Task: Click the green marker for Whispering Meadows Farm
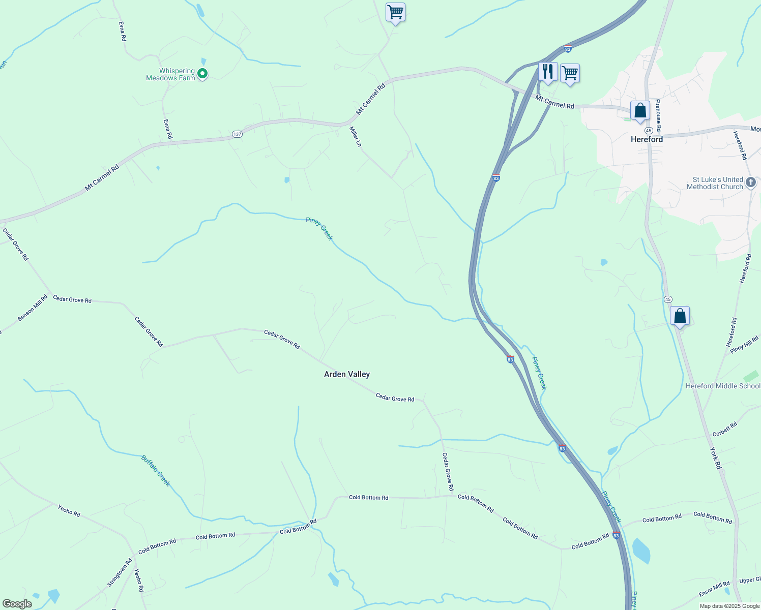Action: point(202,74)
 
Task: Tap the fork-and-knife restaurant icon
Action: point(547,72)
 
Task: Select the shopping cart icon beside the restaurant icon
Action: point(570,73)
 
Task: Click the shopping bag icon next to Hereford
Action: point(640,110)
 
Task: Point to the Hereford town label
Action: point(647,139)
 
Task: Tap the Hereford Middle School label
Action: point(723,386)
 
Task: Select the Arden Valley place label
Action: point(347,374)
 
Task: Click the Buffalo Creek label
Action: point(156,471)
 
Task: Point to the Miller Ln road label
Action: point(355,137)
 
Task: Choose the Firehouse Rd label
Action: point(658,115)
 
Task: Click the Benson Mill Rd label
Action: point(33,308)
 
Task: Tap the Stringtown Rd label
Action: point(120,572)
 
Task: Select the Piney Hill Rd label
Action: point(744,345)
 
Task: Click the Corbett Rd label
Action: point(725,430)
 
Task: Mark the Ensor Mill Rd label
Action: point(714,589)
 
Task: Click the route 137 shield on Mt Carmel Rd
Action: point(237,134)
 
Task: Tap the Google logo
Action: point(17,604)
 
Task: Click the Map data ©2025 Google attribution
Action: point(729,606)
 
